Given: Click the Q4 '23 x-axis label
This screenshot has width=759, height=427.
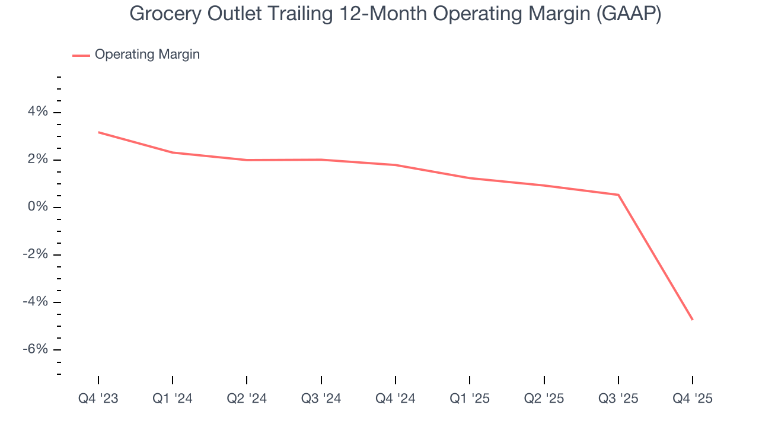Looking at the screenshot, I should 98,399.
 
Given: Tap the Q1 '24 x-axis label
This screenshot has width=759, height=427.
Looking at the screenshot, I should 173,399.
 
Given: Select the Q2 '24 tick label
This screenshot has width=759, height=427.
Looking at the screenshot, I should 247,399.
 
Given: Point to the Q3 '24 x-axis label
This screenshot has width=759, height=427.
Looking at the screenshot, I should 321,399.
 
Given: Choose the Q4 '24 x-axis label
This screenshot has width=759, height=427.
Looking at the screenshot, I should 396,399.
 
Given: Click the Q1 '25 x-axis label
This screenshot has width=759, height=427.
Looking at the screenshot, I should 470,399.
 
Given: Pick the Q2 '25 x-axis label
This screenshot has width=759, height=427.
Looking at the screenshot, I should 544,399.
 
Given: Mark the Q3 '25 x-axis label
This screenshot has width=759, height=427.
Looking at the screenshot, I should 618,399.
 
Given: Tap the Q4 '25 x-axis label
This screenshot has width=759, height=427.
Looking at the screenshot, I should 692,399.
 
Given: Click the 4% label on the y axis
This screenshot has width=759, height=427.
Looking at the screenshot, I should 36,112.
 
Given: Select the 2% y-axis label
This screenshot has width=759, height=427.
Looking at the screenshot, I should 36,160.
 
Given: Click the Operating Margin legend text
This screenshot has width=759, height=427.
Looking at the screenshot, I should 147,55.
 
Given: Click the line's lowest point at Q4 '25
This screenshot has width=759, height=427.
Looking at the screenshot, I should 692,320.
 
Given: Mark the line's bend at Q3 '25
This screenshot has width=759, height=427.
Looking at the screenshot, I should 618,195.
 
